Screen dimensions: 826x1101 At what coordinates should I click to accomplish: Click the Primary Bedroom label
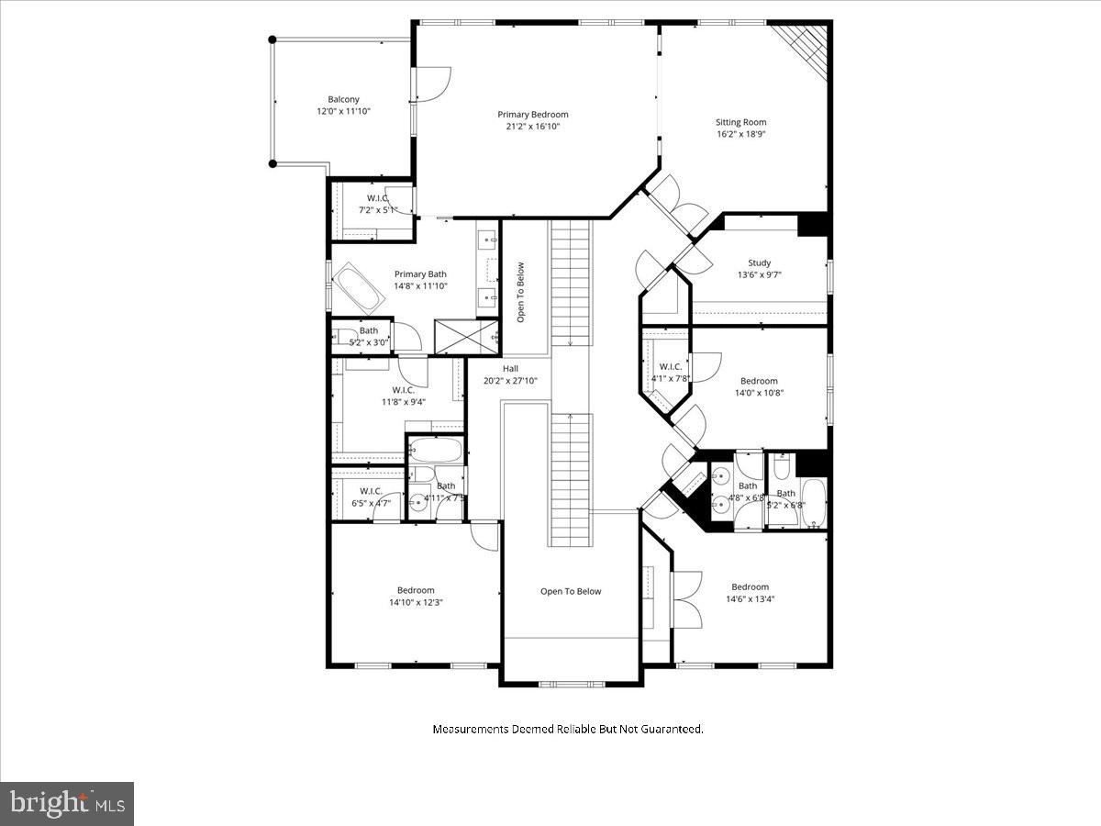click(x=533, y=115)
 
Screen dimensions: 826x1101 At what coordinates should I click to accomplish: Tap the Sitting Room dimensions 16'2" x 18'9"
click(x=740, y=133)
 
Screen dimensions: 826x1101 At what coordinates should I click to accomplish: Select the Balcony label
click(x=343, y=99)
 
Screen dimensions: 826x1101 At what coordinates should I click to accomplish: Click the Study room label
click(x=759, y=263)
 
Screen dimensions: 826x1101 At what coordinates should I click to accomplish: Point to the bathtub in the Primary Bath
click(x=358, y=288)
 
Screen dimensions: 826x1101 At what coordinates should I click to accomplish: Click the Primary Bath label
click(x=420, y=273)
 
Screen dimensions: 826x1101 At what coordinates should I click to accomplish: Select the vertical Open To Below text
click(x=520, y=293)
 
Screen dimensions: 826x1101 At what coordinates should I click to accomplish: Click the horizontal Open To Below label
click(x=571, y=591)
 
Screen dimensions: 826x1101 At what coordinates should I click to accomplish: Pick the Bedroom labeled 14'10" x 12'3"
click(x=416, y=590)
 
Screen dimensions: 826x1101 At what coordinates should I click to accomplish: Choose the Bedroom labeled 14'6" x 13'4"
click(x=750, y=587)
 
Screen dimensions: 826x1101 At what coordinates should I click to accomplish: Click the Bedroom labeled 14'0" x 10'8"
click(x=759, y=381)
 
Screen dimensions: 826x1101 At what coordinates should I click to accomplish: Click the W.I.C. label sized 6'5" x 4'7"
click(x=371, y=491)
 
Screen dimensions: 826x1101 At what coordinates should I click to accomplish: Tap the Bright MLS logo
click(x=67, y=804)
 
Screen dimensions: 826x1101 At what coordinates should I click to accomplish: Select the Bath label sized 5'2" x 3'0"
click(x=368, y=331)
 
